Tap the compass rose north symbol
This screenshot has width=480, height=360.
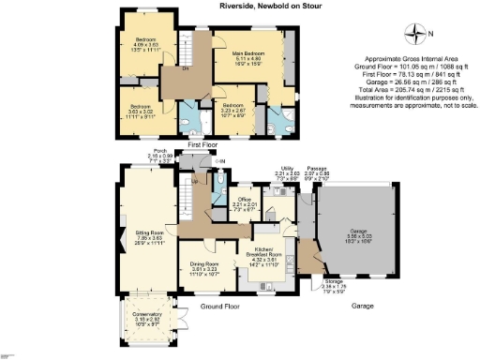tap(416, 35)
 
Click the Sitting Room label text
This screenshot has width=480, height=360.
tap(150, 235)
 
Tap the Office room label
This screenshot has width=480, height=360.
tap(245, 204)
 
